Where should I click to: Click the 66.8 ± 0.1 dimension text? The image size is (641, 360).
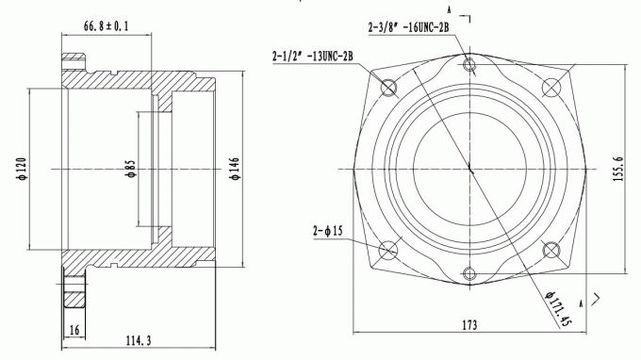(106, 26)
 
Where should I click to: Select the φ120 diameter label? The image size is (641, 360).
(22, 169)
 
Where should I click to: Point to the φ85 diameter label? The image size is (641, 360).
(131, 169)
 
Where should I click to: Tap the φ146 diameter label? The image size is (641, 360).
(236, 169)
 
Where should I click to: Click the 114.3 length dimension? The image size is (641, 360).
(139, 340)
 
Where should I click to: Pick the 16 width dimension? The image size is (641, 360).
(74, 330)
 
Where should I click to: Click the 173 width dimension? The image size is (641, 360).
(469, 325)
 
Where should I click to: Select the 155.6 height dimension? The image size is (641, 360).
(618, 170)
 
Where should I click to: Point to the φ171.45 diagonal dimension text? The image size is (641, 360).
(558, 308)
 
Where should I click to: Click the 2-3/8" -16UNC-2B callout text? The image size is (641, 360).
(408, 27)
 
